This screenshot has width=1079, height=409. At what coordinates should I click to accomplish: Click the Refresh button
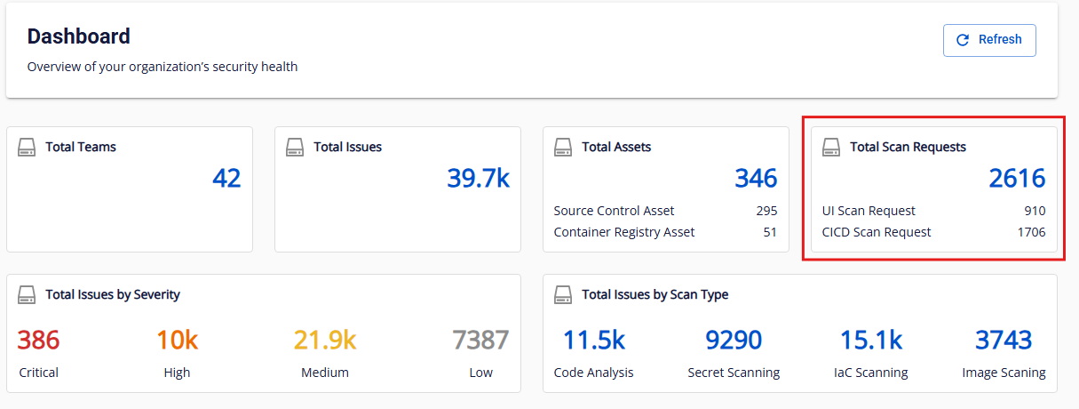(x=989, y=40)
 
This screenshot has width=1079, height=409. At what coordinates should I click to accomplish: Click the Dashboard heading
(x=79, y=36)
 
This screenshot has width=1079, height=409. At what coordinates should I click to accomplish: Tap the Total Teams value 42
(x=226, y=178)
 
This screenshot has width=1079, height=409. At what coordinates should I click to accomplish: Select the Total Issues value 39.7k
(x=478, y=178)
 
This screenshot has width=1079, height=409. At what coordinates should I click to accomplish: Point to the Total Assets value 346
(x=756, y=178)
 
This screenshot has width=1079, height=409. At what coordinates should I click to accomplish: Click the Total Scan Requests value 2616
(x=1017, y=178)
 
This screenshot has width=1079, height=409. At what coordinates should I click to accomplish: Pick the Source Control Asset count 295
(x=766, y=211)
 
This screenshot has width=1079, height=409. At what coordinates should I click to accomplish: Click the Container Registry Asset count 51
(x=769, y=232)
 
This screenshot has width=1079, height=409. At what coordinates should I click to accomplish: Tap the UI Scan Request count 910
(x=1034, y=211)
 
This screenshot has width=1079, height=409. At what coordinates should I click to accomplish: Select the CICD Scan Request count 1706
(x=1031, y=232)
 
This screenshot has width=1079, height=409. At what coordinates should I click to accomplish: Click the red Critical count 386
(x=38, y=340)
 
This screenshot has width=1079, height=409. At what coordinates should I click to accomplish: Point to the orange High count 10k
(x=177, y=340)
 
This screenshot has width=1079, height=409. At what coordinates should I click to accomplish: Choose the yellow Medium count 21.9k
(x=325, y=340)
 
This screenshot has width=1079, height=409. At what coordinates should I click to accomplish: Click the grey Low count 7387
(x=480, y=340)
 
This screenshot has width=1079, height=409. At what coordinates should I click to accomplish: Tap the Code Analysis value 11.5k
(x=593, y=340)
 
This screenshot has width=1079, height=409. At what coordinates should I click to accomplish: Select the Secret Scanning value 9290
(x=734, y=340)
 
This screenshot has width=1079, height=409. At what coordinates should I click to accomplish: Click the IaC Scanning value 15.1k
(x=871, y=340)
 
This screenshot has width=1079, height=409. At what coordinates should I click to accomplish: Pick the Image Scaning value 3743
(x=1004, y=340)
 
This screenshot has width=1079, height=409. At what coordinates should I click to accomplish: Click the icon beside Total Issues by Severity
(x=28, y=294)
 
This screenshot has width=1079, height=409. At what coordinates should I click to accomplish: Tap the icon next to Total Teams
(x=28, y=147)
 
